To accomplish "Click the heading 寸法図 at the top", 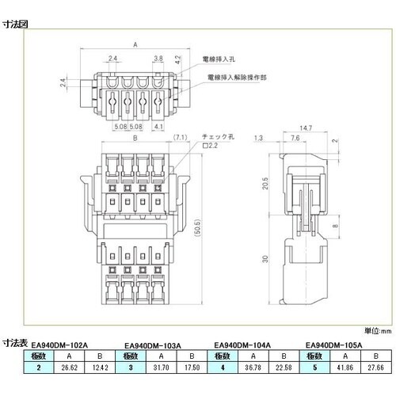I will [x=17, y=24].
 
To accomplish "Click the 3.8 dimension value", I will [x=158, y=59].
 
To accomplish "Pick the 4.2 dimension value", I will [x=181, y=59].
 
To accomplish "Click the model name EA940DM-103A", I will [x=154, y=345].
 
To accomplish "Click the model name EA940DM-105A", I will [x=333, y=345].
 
